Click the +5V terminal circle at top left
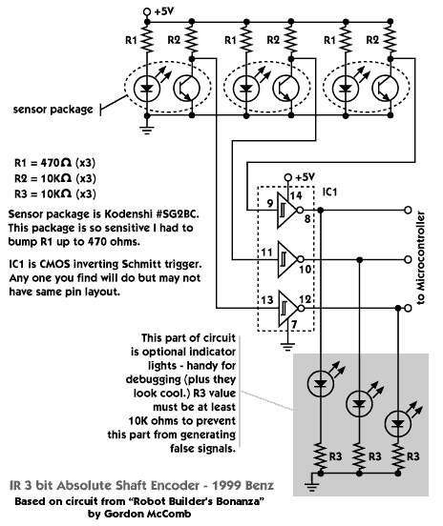coord(147,11)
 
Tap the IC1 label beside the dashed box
coord(329,192)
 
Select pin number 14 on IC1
coord(296,195)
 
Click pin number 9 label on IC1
coord(270,204)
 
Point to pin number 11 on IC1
coord(267,253)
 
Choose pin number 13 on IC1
coord(267,299)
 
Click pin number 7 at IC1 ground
coord(294,324)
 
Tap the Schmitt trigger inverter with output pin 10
coord(288,259)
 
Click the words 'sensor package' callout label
coord(53,110)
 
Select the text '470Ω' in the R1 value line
coord(55,163)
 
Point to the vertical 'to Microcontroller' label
coord(420,257)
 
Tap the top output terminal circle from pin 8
coord(408,211)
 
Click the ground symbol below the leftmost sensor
coord(147,130)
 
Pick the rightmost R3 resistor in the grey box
coord(398,456)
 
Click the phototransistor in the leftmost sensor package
coord(186,89)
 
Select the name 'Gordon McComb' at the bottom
coord(148,514)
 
